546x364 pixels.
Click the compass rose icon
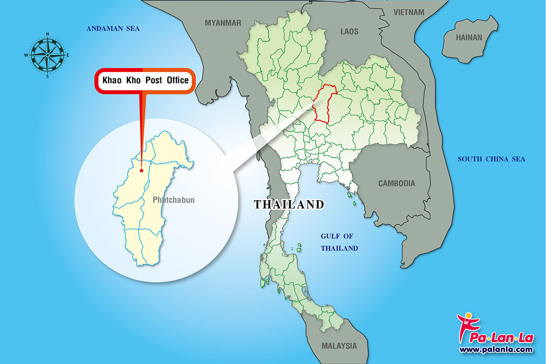(47, 55)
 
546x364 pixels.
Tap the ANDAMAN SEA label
(113, 29)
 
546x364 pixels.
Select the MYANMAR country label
(223, 23)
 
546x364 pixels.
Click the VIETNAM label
(410, 11)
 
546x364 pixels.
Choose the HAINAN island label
(469, 37)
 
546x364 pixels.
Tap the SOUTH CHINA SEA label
(491, 159)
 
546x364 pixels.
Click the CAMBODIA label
(397, 184)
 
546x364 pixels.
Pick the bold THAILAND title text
(289, 205)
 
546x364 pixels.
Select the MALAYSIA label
(339, 346)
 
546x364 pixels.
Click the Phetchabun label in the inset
(173, 200)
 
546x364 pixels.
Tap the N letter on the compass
(47, 34)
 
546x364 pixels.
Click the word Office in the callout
(177, 80)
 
